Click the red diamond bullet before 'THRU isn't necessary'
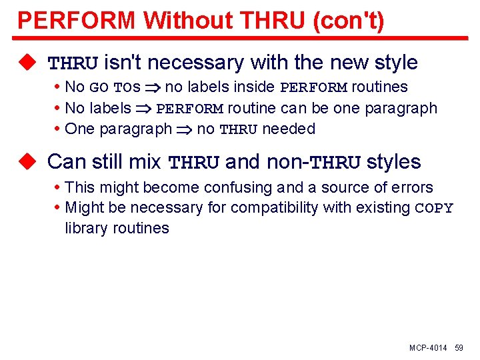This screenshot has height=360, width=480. coord(27,63)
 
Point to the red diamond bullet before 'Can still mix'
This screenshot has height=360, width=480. coord(27,161)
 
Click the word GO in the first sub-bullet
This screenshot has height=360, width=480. coord(99,87)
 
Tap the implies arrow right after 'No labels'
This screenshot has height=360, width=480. coord(143,109)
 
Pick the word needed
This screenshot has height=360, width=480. coord(289,129)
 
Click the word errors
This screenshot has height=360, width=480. coord(411,187)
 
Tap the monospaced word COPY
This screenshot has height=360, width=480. coord(434,208)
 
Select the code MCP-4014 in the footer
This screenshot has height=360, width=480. coord(428,348)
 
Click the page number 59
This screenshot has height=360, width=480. coord(459,348)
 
